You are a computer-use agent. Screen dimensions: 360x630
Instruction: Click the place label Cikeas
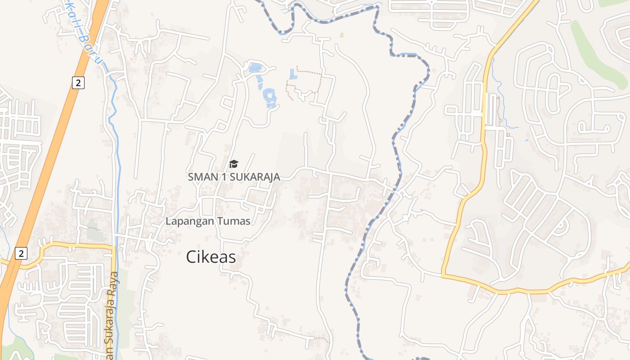(x=211, y=257)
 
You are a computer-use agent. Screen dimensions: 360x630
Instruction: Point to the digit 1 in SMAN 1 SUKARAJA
(x=223, y=177)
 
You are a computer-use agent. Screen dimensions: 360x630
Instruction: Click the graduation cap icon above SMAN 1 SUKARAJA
(x=234, y=164)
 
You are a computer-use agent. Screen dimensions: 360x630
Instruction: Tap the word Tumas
(x=234, y=221)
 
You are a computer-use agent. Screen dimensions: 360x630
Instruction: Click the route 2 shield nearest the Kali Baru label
(x=78, y=82)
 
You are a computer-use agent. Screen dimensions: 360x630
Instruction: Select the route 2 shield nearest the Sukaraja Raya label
(x=20, y=253)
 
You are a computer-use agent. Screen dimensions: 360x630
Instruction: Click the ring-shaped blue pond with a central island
(x=270, y=96)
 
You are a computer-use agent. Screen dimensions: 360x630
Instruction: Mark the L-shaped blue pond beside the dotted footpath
(x=293, y=75)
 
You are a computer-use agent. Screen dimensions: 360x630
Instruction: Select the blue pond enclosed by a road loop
(x=255, y=68)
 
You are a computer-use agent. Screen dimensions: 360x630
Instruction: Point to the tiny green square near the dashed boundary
(x=342, y=35)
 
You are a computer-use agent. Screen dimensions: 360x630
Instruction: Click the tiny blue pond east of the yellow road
(x=526, y=140)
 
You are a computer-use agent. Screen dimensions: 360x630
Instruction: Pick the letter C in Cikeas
(x=191, y=257)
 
